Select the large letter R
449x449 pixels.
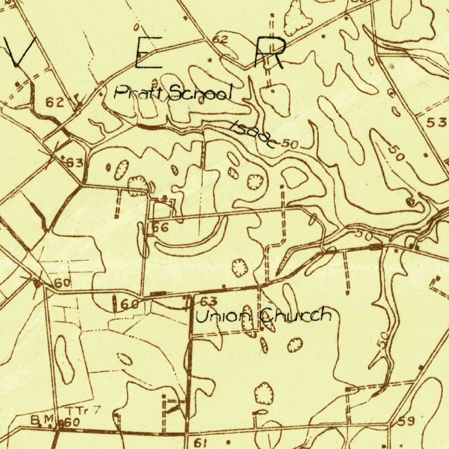point(269,53)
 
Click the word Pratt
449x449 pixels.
point(139,93)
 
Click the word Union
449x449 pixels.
point(223,315)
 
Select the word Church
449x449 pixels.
point(296,315)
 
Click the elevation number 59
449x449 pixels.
point(406,422)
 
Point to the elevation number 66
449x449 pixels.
point(160,228)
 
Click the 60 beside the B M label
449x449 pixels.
point(71,423)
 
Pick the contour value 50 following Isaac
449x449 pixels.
point(290,143)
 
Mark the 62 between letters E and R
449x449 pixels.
point(220,40)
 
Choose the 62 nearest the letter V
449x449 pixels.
point(55,103)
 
